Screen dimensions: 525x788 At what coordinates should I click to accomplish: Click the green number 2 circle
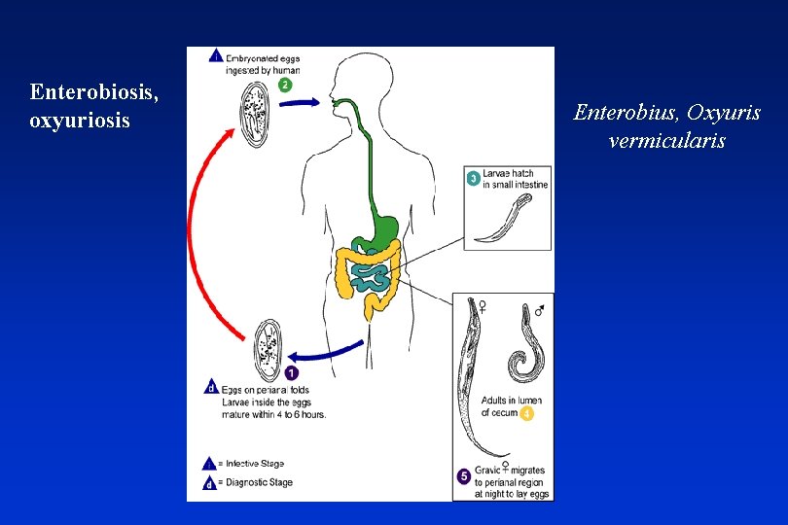(x=285, y=85)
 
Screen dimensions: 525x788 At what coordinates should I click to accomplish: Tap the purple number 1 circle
(x=292, y=371)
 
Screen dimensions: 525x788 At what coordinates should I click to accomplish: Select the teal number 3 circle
(x=473, y=178)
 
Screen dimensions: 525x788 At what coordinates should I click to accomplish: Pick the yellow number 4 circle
(x=526, y=413)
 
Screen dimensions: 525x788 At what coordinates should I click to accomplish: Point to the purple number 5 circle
(x=464, y=476)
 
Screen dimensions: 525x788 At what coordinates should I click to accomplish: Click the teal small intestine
(x=372, y=274)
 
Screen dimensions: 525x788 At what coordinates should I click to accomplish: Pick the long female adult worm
(x=477, y=379)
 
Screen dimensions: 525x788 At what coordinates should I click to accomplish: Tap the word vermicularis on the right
(x=666, y=141)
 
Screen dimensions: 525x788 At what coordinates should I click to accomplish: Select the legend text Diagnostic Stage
(x=257, y=482)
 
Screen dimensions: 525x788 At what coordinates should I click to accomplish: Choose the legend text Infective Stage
(x=254, y=464)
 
